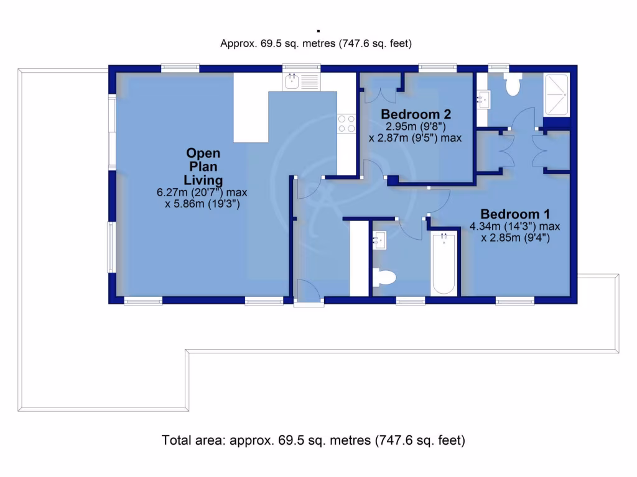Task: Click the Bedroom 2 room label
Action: point(416,114)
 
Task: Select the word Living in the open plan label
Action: point(203,179)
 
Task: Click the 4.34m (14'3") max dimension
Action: point(515,225)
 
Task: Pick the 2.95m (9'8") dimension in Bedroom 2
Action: point(416,127)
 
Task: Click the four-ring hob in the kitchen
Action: point(346,124)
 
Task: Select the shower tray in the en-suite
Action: point(556,94)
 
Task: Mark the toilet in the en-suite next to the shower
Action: point(513,85)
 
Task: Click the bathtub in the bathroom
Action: point(444,264)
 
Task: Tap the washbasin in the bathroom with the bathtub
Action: point(379,240)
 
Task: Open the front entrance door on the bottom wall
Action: point(309,292)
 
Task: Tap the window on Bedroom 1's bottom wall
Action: point(514,301)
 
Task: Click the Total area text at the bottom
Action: point(314,440)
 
